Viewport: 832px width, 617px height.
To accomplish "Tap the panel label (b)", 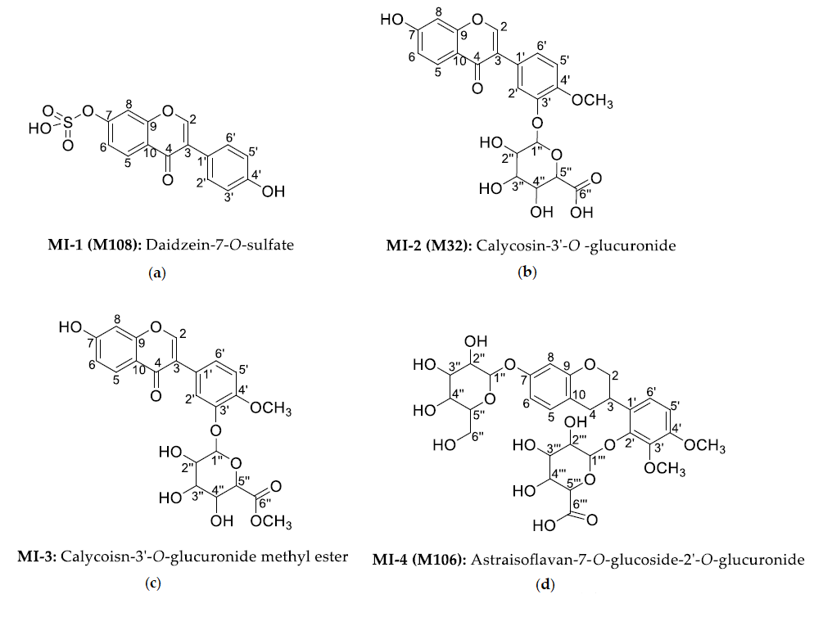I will click(527, 272).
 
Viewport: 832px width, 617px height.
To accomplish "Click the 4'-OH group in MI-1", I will click(274, 191).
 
